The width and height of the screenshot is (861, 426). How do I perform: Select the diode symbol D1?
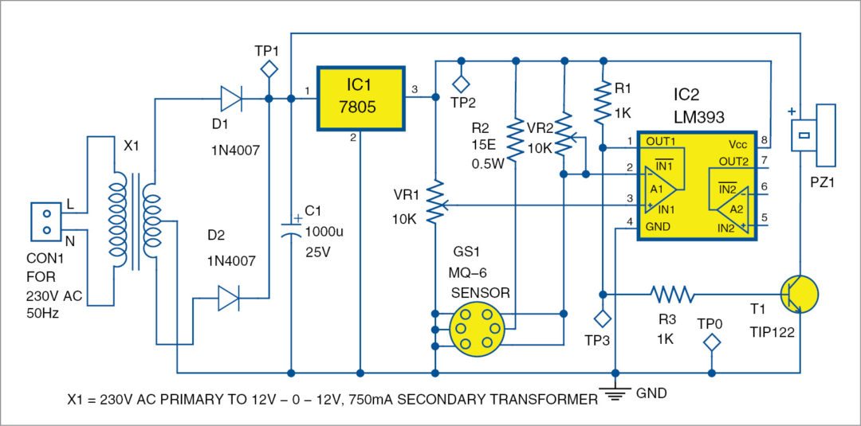(x=232, y=99)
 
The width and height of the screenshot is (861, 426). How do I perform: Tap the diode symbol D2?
(x=230, y=299)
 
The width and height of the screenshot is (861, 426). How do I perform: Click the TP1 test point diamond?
(x=270, y=70)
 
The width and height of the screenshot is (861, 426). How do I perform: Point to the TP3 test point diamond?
(x=603, y=319)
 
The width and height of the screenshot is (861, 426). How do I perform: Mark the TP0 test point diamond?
(x=711, y=344)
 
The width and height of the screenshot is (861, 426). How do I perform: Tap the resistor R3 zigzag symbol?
(x=675, y=294)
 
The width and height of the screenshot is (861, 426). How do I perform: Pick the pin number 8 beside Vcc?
(x=764, y=142)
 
